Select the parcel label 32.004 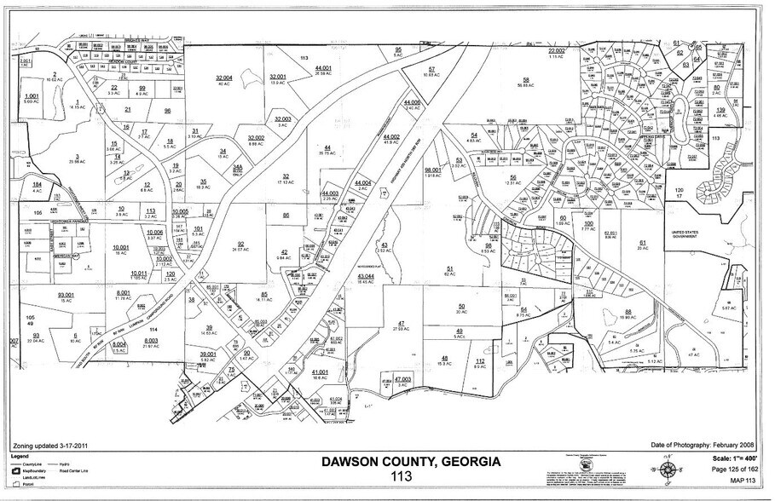pos(224,78)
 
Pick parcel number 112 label pos(480,361)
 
